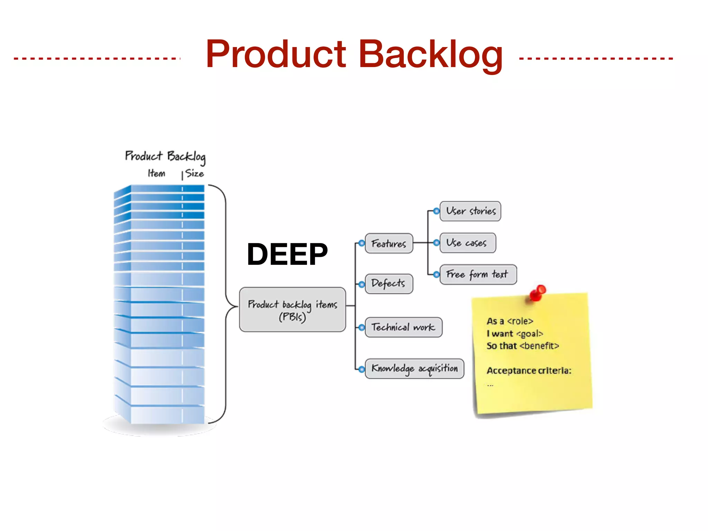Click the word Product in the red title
coord(276,54)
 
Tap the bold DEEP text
coord(287,254)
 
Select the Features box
coord(389,243)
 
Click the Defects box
coord(389,284)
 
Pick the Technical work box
coord(403,327)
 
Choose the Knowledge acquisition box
coord(414,369)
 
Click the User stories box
coord(470,211)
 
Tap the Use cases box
coord(467,243)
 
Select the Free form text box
coord(478,274)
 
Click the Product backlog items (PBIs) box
coord(292,309)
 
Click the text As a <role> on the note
coord(510,321)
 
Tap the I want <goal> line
coord(515,334)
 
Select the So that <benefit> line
coord(522,346)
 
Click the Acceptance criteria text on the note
coord(529,371)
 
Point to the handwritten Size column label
coord(194,173)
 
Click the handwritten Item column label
coord(156,173)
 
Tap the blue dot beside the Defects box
coord(362,285)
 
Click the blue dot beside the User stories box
coord(437,211)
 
